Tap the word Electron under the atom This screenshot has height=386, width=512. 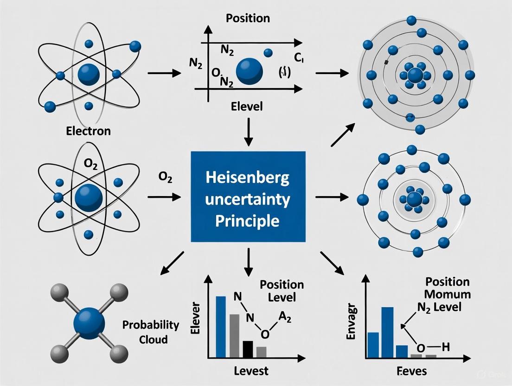pyautogui.click(x=88, y=130)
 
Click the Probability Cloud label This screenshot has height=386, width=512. pyautogui.click(x=151, y=332)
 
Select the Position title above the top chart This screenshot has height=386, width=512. pyautogui.click(x=248, y=19)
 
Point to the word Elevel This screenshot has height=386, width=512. pyautogui.click(x=247, y=106)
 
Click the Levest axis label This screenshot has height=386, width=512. pyautogui.click(x=250, y=371)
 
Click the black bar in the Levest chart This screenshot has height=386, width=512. pyautogui.click(x=248, y=349)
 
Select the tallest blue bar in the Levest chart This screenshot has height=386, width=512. pyautogui.click(x=221, y=327)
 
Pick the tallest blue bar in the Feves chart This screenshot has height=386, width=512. pyautogui.click(x=388, y=332)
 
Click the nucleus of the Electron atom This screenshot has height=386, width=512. pyautogui.click(x=89, y=74)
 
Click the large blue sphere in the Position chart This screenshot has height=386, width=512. pyautogui.click(x=250, y=71)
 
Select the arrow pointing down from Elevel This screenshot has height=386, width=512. pyautogui.click(x=249, y=130)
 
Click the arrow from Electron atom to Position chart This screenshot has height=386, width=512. pyautogui.click(x=163, y=73)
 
